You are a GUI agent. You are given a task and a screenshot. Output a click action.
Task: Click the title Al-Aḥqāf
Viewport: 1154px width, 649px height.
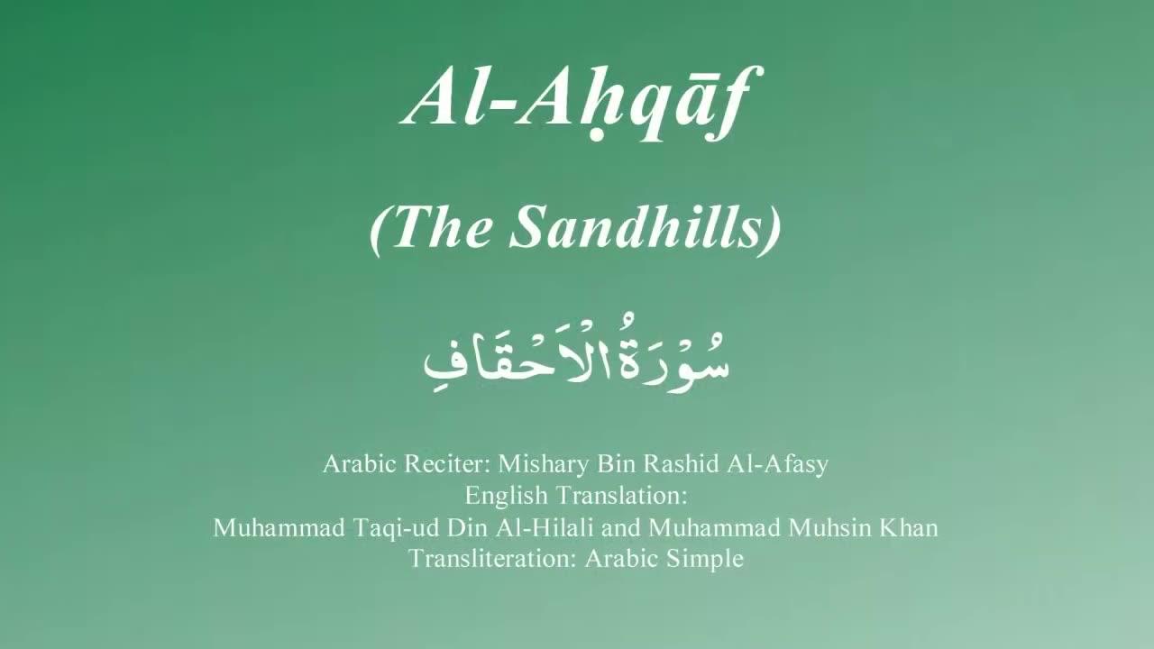(576, 97)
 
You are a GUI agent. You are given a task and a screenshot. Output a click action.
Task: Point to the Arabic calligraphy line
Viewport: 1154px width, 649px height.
(577, 359)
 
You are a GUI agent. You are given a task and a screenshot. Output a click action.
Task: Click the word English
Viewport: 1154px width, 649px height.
(507, 496)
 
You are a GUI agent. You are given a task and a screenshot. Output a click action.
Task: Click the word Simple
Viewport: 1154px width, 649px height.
(705, 558)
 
